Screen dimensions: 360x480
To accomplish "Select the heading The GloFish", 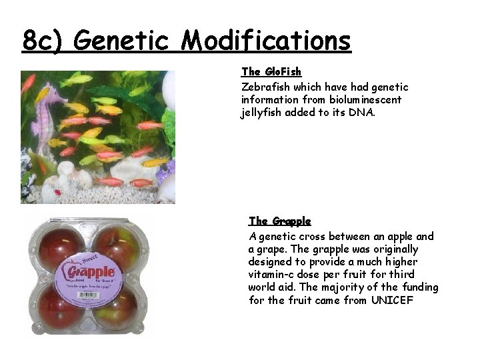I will pyautogui.click(x=271, y=71).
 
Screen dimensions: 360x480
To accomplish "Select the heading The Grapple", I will pyautogui.click(x=279, y=221).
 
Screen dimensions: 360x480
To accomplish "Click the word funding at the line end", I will pyautogui.click(x=420, y=287).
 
